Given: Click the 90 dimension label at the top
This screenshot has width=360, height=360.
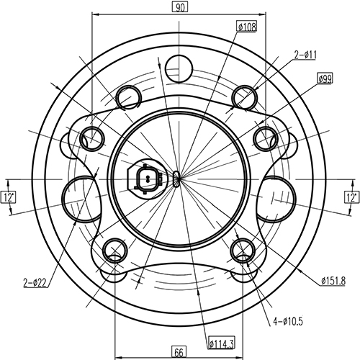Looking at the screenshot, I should click(179, 8).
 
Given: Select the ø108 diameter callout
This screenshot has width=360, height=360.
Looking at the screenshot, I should click(247, 27).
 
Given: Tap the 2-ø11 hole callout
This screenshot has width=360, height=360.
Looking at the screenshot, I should click(306, 53).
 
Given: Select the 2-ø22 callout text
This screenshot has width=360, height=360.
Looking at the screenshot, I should click(34, 282).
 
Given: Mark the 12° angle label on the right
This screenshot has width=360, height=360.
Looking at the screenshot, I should click(351, 196).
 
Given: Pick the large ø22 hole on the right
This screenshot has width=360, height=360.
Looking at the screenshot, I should click(276, 196).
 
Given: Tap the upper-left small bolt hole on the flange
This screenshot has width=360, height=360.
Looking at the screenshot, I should click(92, 136).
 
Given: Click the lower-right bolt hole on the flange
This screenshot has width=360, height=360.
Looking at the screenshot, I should click(243, 250).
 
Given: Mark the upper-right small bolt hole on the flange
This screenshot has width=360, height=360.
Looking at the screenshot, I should click(266, 136).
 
